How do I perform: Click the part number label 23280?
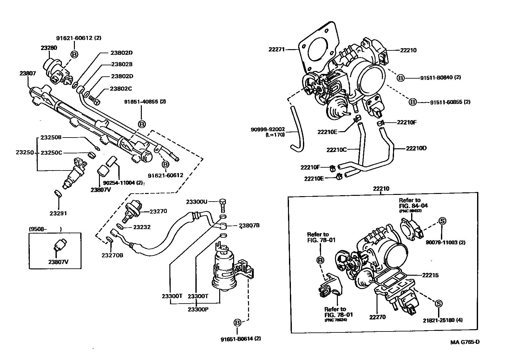coord(49,48)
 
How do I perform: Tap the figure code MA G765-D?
coord(465,342)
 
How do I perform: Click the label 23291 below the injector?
coord(58,213)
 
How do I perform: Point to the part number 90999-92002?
coord(268,129)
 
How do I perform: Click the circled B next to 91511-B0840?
coord(401,78)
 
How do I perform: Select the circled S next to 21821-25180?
coord(438,304)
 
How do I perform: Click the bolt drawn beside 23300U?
coord(223,205)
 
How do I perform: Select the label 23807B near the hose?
coord(249,226)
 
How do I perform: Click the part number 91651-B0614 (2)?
coord(241,338)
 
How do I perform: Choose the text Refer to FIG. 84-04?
coord(413,203)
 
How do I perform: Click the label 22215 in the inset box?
coord(430,275)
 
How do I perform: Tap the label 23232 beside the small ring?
coord(142,227)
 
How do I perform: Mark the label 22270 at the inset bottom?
coord(377,317)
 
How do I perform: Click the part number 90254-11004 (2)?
coord(121,183)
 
